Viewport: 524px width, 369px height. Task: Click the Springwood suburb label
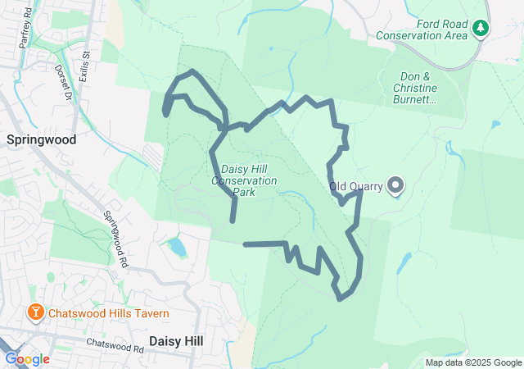pyautogui.click(x=41, y=139)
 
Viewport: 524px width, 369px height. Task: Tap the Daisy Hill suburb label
pyautogui.click(x=176, y=339)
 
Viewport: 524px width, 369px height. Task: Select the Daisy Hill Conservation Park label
pyautogui.click(x=244, y=180)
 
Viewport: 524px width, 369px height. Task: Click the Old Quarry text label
pyautogui.click(x=356, y=186)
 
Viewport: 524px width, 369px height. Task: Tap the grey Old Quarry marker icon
pyautogui.click(x=396, y=185)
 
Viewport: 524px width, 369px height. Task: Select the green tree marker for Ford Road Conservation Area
pyautogui.click(x=481, y=30)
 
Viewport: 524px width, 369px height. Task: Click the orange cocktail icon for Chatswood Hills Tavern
pyautogui.click(x=36, y=312)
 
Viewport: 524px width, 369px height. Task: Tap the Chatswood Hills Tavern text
pyautogui.click(x=109, y=313)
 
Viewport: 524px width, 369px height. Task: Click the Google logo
pyautogui.click(x=27, y=359)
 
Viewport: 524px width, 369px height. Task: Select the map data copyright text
pyautogui.click(x=473, y=362)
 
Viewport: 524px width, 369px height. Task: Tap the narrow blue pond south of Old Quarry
pyautogui.click(x=404, y=263)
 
